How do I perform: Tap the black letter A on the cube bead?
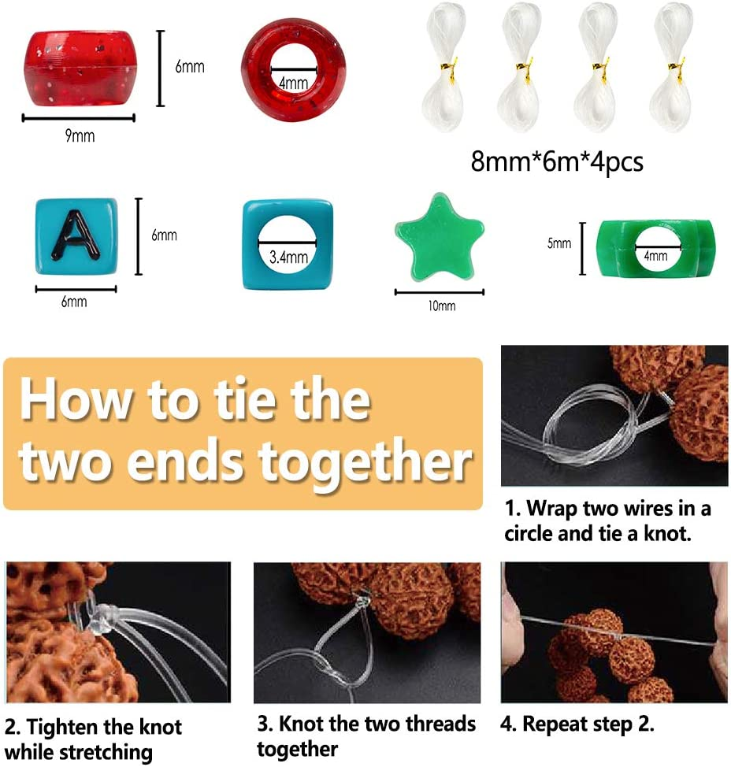[x=76, y=235]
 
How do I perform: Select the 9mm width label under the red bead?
[x=80, y=135]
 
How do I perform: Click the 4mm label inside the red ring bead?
[x=294, y=83]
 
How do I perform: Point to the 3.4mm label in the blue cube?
[x=288, y=257]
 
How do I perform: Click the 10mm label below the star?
[x=441, y=306]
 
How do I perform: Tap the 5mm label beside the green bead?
[x=558, y=243]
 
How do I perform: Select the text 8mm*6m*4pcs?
[x=557, y=161]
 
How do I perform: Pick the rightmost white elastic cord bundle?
[x=672, y=67]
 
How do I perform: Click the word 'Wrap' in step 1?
[x=551, y=509]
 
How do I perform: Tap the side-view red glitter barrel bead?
[x=80, y=69]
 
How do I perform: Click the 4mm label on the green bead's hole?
[x=655, y=255]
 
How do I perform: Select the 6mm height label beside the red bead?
[x=190, y=66]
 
